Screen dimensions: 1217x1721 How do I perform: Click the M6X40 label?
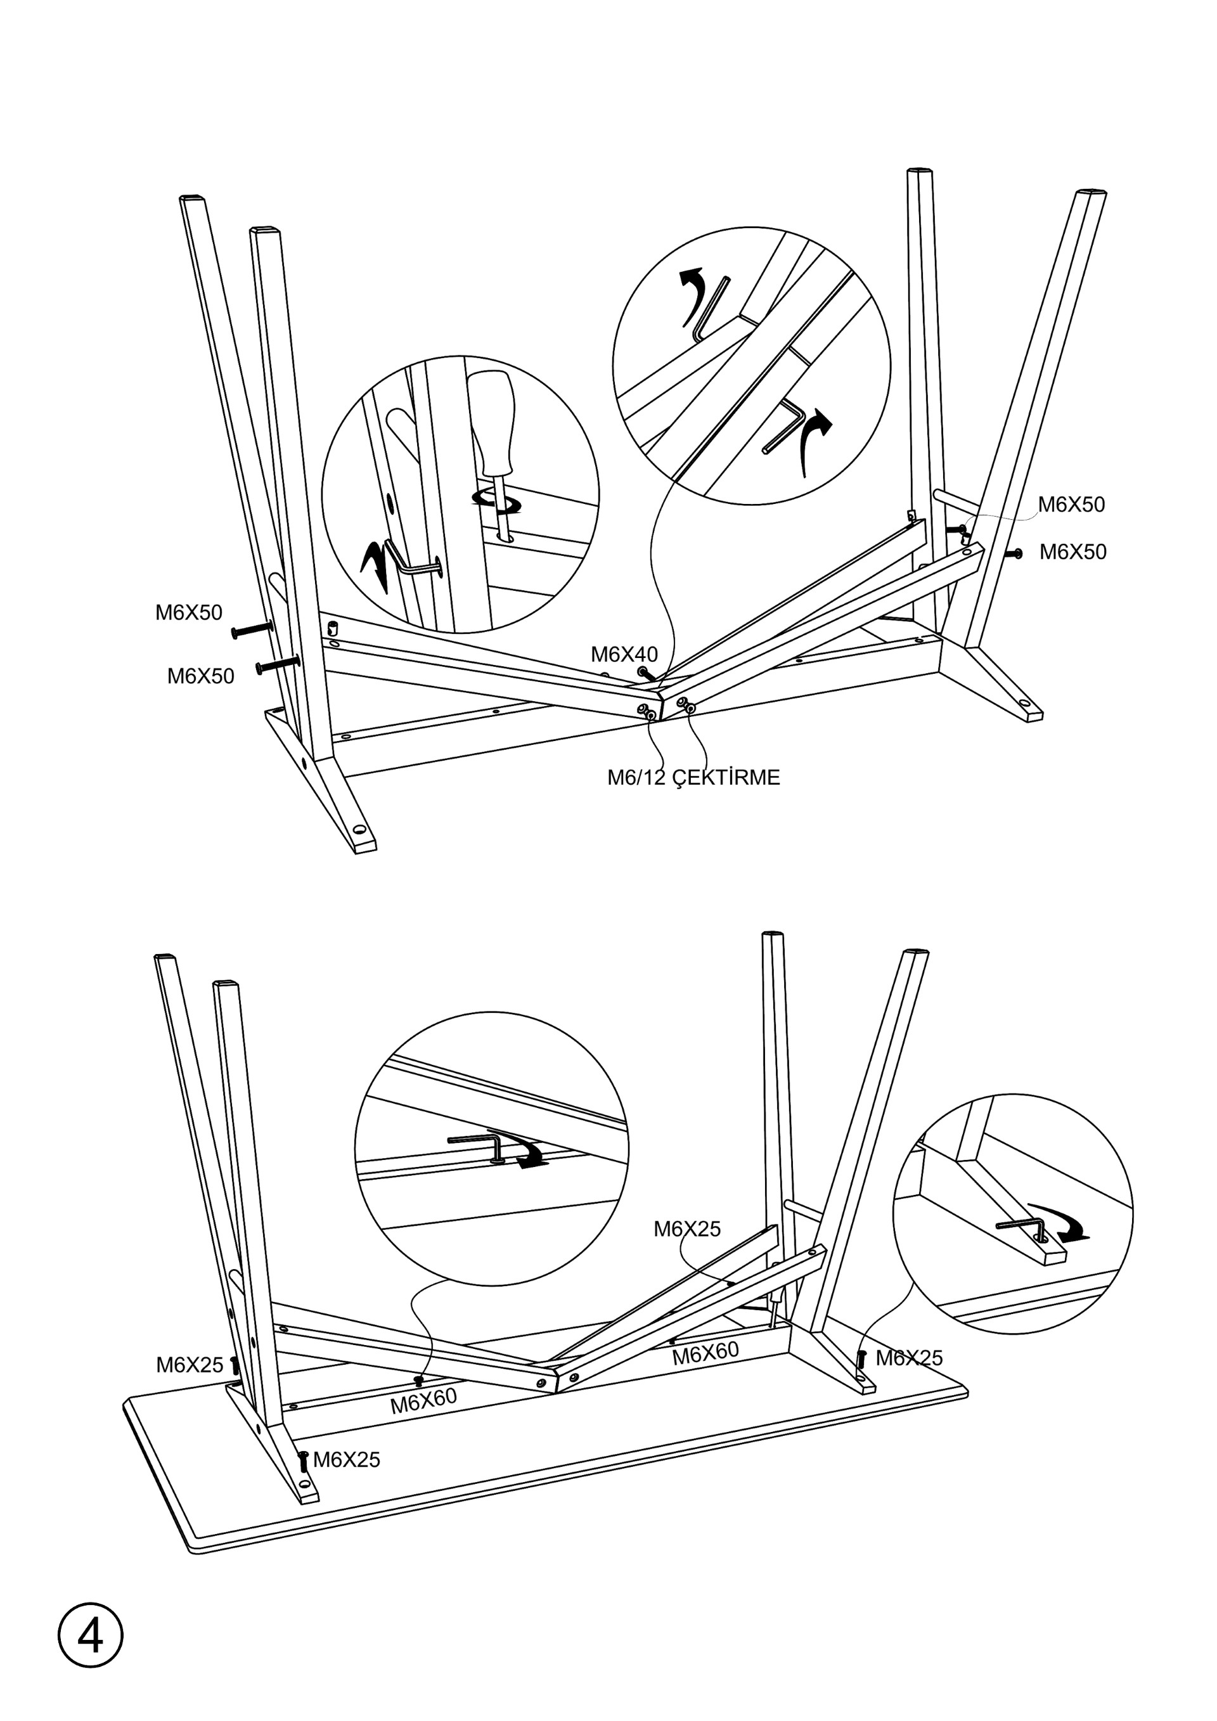[624, 654]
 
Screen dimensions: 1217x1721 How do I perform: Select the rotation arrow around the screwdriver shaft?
[497, 502]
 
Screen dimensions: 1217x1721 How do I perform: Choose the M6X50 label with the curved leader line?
[1071, 505]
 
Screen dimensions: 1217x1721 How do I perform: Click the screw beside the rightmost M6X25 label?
[862, 1358]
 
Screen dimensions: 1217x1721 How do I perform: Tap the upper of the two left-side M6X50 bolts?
[252, 630]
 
